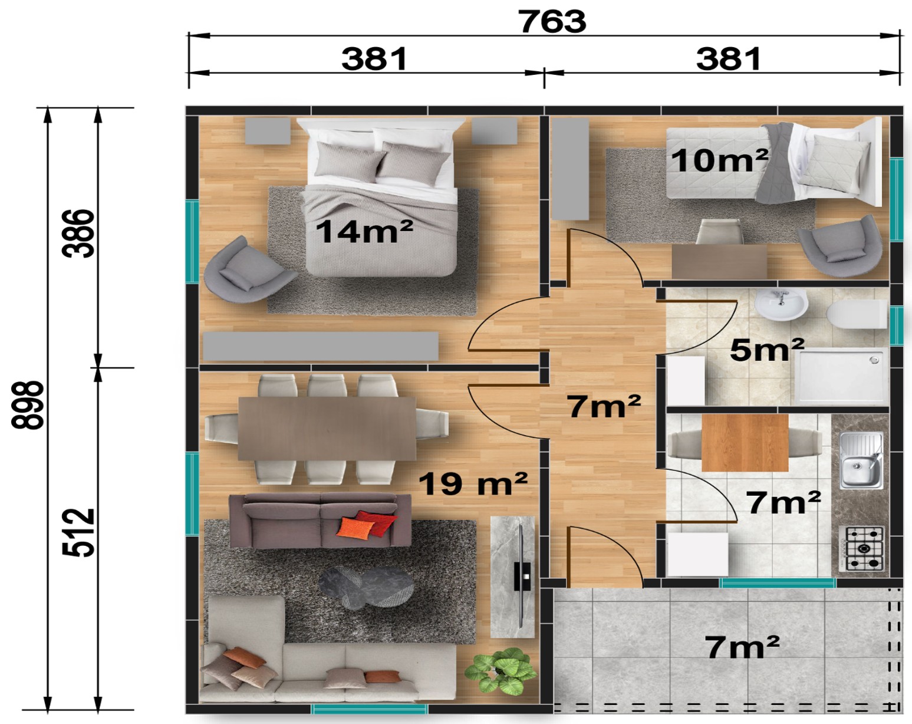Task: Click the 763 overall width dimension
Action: pyautogui.click(x=552, y=21)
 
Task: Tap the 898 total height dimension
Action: pyautogui.click(x=27, y=405)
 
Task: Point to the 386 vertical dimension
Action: pyautogui.click(x=78, y=233)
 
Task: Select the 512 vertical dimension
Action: pyautogui.click(x=78, y=532)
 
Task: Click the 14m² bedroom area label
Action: pyautogui.click(x=364, y=232)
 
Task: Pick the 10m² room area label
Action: pyautogui.click(x=719, y=160)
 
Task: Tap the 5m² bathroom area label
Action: pyautogui.click(x=766, y=349)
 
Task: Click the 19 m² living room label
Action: pyautogui.click(x=473, y=483)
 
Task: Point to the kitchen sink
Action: pyautogui.click(x=861, y=460)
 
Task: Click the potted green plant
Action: pyautogui.click(x=499, y=670)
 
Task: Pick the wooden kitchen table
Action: pyautogui.click(x=745, y=443)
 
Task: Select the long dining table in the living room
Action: pyautogui.click(x=327, y=429)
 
